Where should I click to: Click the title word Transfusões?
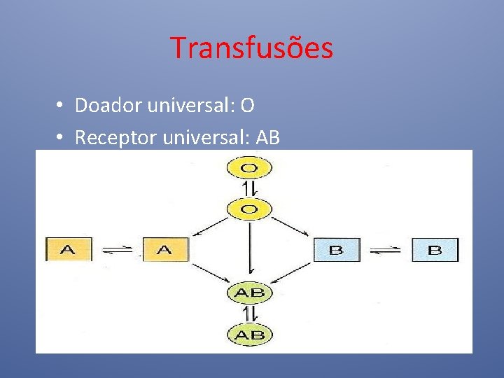point(251,48)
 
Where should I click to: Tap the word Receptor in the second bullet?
point(115,138)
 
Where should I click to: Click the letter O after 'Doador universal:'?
point(247,106)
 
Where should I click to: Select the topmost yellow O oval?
point(248,168)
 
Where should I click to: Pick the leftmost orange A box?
point(69,249)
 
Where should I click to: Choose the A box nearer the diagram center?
point(165,249)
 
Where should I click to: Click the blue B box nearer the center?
point(336,249)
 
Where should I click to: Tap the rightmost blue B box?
point(435,249)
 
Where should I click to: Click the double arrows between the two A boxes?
point(117,250)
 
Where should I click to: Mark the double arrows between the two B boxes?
point(386,250)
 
